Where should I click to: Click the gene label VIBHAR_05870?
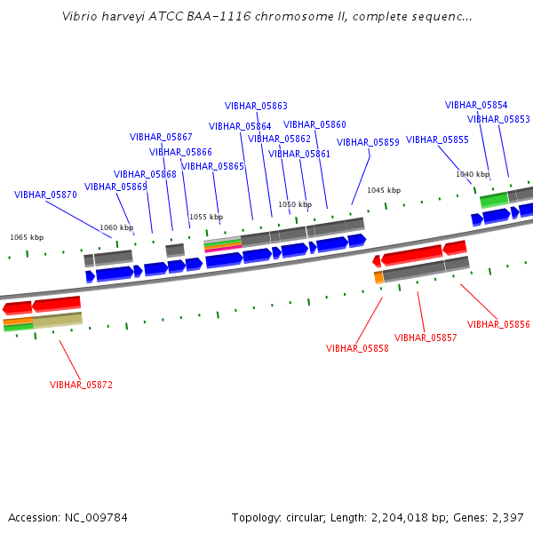(45, 195)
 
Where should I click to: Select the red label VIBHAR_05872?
(81, 385)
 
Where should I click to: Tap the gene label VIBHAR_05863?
(256, 106)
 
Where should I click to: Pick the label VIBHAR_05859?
(368, 142)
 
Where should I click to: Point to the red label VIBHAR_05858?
(357, 348)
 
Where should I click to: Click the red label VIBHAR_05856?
(498, 324)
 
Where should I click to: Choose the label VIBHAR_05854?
(476, 105)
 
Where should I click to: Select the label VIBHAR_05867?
(161, 137)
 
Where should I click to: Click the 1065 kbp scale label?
(27, 237)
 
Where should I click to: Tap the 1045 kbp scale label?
(384, 190)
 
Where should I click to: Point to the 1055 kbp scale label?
(206, 217)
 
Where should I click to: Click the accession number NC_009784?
(96, 518)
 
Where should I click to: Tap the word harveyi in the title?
(123, 17)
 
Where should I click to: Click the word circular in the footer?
(305, 518)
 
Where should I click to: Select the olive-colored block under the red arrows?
(58, 320)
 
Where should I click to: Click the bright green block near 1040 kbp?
(495, 200)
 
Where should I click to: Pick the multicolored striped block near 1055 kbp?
(223, 245)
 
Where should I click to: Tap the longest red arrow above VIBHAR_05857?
(411, 254)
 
